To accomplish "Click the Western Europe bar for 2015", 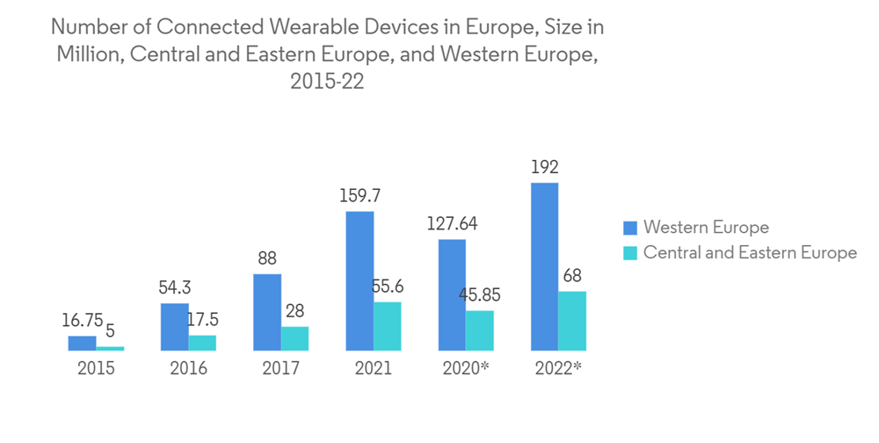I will (82, 343).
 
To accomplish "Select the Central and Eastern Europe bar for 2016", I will (202, 343).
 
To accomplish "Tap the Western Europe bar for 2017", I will (267, 312).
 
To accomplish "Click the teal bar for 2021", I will (388, 326).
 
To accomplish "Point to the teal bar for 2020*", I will (480, 330).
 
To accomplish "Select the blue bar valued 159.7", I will (360, 280).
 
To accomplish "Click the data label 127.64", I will (452, 223).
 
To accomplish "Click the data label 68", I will (572, 275).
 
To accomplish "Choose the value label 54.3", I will (175, 287).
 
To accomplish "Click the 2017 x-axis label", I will (280, 368).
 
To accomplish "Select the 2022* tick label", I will (558, 368).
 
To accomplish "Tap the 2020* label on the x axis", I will (466, 368).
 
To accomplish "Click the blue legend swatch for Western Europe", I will (629, 228).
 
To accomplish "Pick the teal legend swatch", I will (629, 253).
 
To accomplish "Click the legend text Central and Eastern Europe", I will (750, 253).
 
